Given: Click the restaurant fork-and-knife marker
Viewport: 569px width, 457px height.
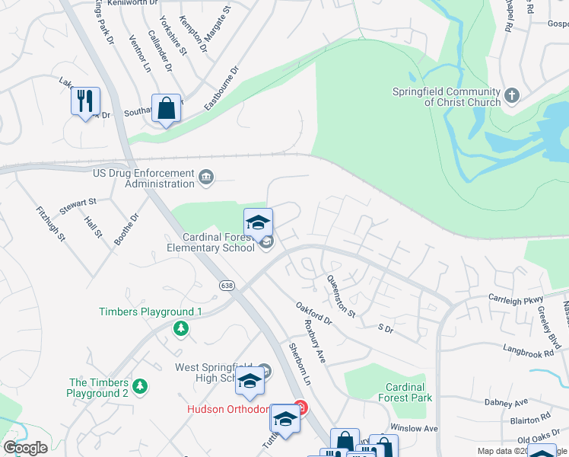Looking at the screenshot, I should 85,101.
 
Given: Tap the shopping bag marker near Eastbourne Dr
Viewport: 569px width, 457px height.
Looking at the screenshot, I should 166,108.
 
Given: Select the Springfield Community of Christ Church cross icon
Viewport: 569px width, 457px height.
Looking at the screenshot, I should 512,95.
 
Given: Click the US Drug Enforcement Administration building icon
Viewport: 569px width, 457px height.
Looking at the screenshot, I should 205,179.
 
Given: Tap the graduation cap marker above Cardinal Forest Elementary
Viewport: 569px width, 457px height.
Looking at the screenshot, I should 258,222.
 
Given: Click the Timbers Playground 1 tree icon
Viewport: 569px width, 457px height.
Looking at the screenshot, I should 181,328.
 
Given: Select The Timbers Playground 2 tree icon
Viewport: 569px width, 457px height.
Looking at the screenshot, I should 139,387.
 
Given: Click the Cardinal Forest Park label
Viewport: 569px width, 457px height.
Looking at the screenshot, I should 405,392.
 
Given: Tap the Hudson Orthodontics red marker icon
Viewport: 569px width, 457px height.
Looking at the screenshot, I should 301,409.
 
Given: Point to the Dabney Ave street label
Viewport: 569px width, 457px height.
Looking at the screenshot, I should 506,401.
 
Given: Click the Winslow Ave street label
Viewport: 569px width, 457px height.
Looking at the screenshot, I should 414,429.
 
